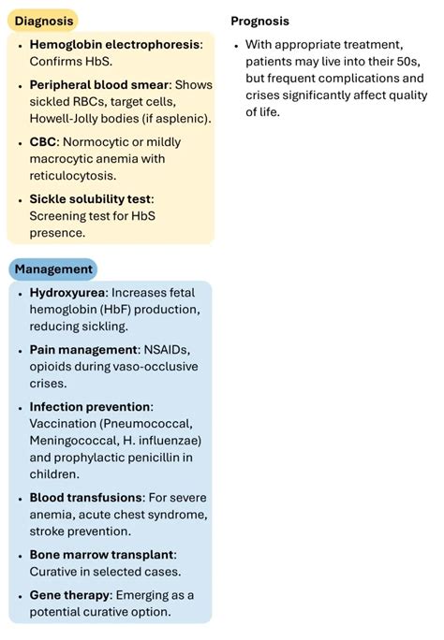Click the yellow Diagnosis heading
click(x=41, y=21)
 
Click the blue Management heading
click(x=52, y=269)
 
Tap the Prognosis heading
click(x=259, y=21)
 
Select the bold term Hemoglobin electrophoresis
click(x=114, y=45)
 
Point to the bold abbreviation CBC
click(x=45, y=142)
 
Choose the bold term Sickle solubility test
click(x=90, y=198)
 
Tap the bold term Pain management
click(x=84, y=349)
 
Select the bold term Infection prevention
click(x=90, y=407)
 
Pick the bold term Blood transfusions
click(x=86, y=497)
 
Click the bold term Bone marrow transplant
click(x=101, y=554)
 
